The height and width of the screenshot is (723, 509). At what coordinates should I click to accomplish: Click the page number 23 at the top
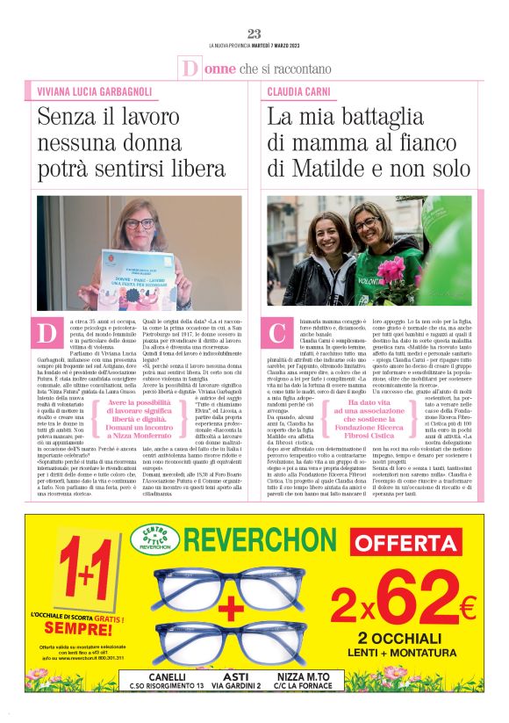click(x=254, y=33)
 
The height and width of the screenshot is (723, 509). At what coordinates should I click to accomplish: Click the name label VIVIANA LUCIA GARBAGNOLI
click(x=93, y=90)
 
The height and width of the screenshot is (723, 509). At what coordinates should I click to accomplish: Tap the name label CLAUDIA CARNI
click(x=300, y=90)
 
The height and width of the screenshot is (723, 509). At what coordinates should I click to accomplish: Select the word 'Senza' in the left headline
click(x=67, y=117)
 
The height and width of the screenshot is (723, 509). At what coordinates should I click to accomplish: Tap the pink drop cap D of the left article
click(x=47, y=335)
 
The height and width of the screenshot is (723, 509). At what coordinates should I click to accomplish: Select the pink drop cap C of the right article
click(x=280, y=335)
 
